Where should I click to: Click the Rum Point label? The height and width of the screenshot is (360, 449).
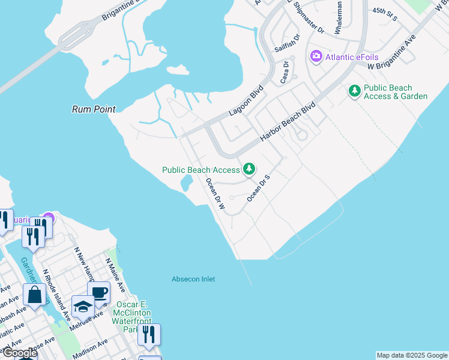coord(93,109)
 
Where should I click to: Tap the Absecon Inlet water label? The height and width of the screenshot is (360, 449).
coord(193,279)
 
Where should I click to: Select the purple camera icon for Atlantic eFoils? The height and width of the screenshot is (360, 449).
coord(316,56)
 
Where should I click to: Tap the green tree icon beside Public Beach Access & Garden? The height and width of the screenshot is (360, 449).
coord(355,91)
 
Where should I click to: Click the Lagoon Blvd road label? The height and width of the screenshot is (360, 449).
coord(246,103)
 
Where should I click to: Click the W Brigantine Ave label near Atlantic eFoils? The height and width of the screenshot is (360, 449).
coord(391,56)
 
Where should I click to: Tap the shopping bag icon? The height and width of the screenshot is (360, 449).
coord(35,295)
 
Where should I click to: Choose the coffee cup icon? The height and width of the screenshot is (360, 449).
coord(98,293)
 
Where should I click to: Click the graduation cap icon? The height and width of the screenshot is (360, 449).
coord(82,307)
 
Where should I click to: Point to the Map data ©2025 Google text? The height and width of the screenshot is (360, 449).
coord(411,355)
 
